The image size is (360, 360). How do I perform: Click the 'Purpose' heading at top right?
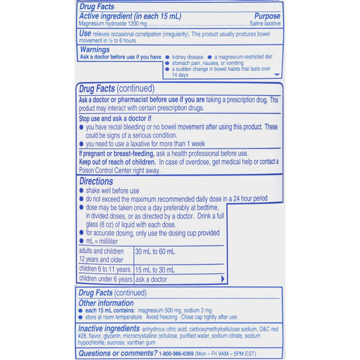click(267, 16)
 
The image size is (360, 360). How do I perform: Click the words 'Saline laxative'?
click(265, 24)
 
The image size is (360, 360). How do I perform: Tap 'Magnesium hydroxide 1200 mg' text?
click(112, 24)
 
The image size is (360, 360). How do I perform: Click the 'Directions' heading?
click(96, 181)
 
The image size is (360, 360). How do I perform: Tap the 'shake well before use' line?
click(112, 191)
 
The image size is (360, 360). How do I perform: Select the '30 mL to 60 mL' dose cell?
click(155, 251)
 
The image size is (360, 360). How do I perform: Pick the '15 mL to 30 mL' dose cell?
click(155, 269)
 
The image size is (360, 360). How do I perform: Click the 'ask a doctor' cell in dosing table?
click(151, 279)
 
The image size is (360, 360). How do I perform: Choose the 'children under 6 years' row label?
click(106, 279)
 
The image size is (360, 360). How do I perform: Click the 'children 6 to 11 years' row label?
click(106, 269)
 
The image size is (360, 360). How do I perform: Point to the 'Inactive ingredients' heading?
click(109, 328)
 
